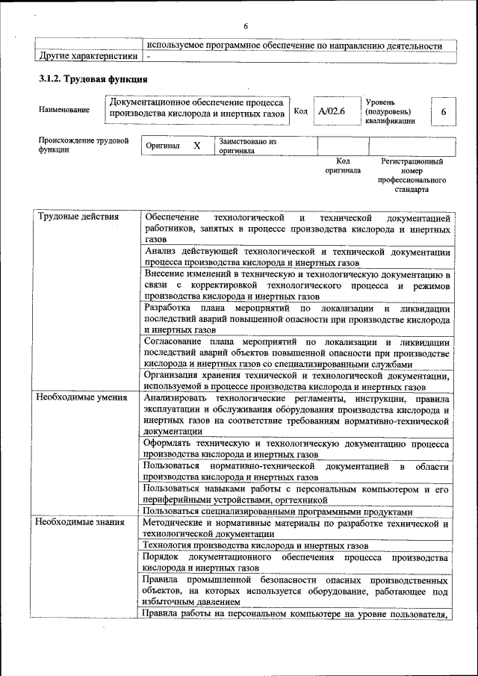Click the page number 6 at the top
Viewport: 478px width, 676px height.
click(245, 27)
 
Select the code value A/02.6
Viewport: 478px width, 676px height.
click(331, 111)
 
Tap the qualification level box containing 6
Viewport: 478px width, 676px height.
click(443, 111)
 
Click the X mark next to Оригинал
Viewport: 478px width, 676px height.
click(197, 146)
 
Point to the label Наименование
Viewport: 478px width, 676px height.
click(64, 110)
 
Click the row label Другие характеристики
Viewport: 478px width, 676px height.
click(87, 56)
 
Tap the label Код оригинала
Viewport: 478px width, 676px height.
click(343, 165)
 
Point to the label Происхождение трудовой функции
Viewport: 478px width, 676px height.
click(83, 145)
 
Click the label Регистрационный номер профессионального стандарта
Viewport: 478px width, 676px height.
click(412, 175)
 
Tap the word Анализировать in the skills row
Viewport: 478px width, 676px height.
click(176, 397)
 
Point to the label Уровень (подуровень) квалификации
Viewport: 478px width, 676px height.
click(390, 111)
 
